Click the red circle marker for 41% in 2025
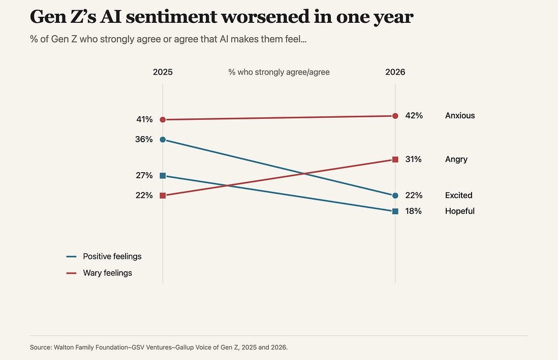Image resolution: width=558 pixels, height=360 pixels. tap(163, 119)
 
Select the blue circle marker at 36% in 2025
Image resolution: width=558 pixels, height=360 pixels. tap(163, 140)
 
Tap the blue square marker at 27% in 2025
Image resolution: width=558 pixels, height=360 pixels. tap(163, 175)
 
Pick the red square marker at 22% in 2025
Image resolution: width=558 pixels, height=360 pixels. tap(163, 195)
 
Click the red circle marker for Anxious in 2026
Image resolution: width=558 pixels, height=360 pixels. tap(395, 116)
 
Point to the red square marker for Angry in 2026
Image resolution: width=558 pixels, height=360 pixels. tap(395, 159)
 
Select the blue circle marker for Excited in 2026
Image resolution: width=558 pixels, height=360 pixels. tap(395, 195)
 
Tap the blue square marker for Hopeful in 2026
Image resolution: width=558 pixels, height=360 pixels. tap(395, 211)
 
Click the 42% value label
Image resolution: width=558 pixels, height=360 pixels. tap(414, 116)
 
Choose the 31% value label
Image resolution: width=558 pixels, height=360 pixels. tap(413, 159)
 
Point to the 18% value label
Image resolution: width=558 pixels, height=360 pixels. tap(413, 211)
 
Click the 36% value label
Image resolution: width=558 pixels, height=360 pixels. tap(144, 139)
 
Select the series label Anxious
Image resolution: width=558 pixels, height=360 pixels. tap(460, 116)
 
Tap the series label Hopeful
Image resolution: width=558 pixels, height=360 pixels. tap(460, 211)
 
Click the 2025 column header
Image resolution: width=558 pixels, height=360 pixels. tap(163, 72)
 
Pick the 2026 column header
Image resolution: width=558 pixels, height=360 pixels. tap(395, 72)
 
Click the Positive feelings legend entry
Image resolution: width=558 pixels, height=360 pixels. tap(104, 256)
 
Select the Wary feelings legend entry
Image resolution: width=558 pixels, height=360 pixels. tap(99, 273)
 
